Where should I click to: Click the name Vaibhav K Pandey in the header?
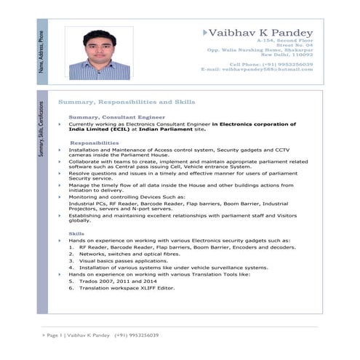[x=260, y=33]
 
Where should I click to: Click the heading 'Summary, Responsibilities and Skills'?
[x=126, y=103]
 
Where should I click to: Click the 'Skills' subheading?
[x=76, y=233]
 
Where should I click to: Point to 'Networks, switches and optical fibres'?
[x=128, y=254]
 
